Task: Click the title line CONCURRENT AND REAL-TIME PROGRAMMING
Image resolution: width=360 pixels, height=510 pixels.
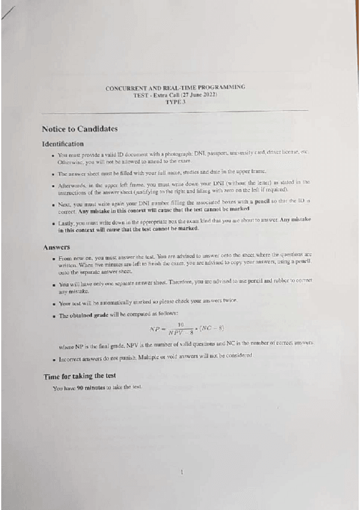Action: [175, 88]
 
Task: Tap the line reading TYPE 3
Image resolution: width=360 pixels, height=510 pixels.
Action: [175, 102]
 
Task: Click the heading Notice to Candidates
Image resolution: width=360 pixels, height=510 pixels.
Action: [79, 129]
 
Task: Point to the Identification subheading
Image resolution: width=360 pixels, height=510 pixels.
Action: [63, 144]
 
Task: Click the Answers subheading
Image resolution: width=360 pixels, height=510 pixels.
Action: [56, 247]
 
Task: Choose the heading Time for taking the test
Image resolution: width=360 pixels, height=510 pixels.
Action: [79, 376]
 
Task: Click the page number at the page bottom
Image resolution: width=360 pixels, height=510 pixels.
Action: [182, 473]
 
